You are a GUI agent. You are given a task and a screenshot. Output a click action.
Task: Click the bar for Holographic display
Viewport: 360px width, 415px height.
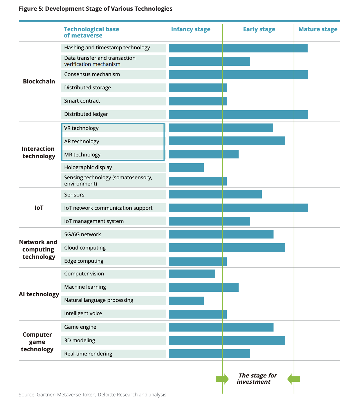pos(186,167)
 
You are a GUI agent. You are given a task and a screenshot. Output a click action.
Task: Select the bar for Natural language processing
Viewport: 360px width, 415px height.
pos(186,301)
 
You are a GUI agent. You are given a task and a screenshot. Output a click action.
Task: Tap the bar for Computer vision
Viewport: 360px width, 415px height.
pos(192,274)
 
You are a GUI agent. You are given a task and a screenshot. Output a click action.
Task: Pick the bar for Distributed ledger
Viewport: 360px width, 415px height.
pos(238,114)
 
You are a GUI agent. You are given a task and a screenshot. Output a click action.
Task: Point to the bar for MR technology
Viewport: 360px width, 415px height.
pos(204,154)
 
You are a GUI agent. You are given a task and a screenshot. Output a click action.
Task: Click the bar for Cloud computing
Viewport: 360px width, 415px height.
pos(227,248)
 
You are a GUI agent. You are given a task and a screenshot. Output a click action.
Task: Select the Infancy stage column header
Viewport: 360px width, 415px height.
pos(191,29)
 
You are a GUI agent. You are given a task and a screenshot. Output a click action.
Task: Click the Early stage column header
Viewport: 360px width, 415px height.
pos(259,29)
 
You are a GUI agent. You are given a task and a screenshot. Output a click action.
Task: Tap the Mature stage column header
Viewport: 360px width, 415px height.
pos(318,29)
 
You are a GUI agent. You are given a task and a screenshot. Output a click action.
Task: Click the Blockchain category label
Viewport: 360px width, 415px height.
pos(39,81)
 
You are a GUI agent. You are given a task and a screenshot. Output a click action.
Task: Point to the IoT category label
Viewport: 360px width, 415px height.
pos(39,208)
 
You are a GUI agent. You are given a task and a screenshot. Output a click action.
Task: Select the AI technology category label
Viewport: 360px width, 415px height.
pos(39,294)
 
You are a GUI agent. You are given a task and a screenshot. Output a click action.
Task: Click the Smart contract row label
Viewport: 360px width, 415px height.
pos(82,101)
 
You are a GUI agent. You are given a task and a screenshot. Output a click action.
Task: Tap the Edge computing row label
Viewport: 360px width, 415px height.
pos(84,261)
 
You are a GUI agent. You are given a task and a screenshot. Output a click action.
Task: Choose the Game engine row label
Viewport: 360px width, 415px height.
pos(80,327)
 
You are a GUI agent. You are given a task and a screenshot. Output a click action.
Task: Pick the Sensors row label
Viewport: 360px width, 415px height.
pos(74,195)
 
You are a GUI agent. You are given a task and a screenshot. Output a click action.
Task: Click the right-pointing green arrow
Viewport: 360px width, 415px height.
pos(222,379)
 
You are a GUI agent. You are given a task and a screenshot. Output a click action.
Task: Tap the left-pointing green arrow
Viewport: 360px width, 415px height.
pos(294,379)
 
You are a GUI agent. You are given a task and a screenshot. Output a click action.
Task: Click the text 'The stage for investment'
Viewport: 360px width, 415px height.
pos(257,378)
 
